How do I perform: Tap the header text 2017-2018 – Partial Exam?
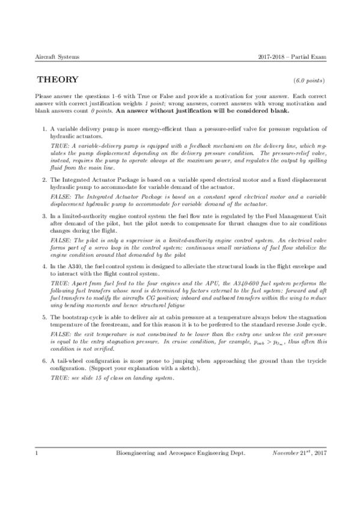click(290, 57)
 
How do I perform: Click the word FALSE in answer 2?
click(60, 197)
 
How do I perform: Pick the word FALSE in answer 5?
click(60, 332)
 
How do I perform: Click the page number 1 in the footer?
click(37, 467)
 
